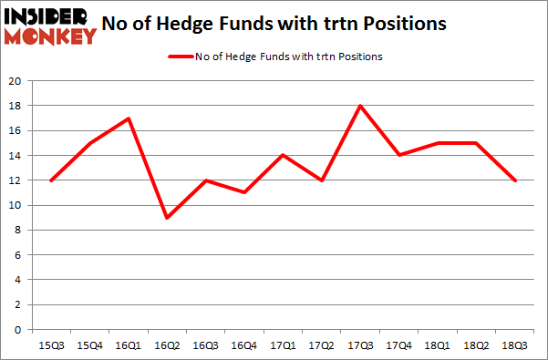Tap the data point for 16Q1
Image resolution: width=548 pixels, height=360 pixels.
pyautogui.click(x=129, y=118)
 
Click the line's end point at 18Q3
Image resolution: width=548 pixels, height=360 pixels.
pyautogui.click(x=515, y=180)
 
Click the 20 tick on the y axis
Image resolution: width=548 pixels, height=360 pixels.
pyautogui.click(x=15, y=81)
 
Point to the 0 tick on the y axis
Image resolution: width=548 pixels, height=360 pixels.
pyautogui.click(x=18, y=330)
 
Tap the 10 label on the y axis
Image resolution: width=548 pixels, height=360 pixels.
pyautogui.click(x=15, y=206)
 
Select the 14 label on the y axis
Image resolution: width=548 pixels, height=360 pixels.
pyautogui.click(x=15, y=156)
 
